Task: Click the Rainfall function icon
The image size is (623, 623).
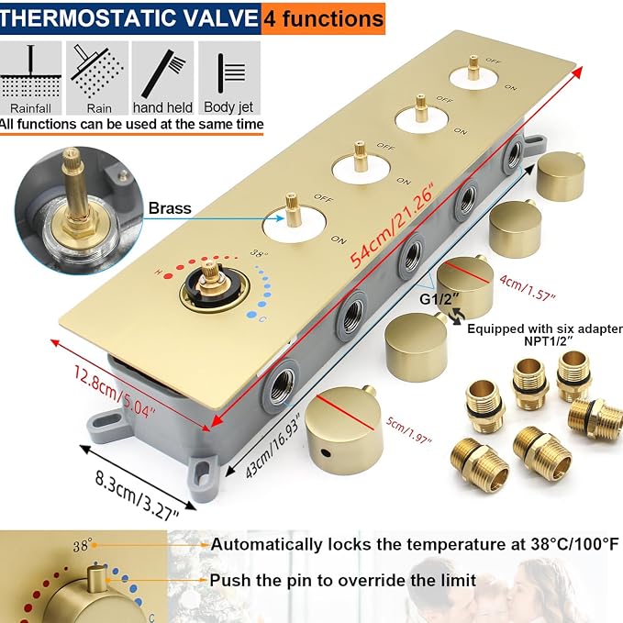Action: pyautogui.click(x=30, y=78)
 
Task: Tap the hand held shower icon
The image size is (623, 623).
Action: pyautogui.click(x=163, y=78)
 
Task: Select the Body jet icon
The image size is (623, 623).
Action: pyautogui.click(x=229, y=78)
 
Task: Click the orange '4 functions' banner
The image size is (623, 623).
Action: pyautogui.click(x=323, y=18)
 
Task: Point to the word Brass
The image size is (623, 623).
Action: pyautogui.click(x=170, y=208)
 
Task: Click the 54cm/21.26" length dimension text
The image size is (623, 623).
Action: pyautogui.click(x=392, y=228)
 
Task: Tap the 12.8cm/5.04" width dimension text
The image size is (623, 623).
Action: pyautogui.click(x=115, y=392)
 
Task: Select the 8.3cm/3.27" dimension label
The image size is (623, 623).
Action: pyautogui.click(x=137, y=495)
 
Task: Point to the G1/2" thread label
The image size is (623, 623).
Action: pyautogui.click(x=439, y=299)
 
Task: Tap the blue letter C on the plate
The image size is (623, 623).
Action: pyautogui.click(x=262, y=319)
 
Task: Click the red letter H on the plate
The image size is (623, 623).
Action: pyautogui.click(x=158, y=273)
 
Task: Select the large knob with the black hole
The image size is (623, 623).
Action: pyautogui.click(x=344, y=430)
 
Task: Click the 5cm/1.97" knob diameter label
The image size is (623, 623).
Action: pyautogui.click(x=409, y=430)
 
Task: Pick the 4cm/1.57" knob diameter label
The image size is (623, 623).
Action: pyautogui.click(x=528, y=287)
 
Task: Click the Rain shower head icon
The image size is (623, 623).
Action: pyautogui.click(x=97, y=78)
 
